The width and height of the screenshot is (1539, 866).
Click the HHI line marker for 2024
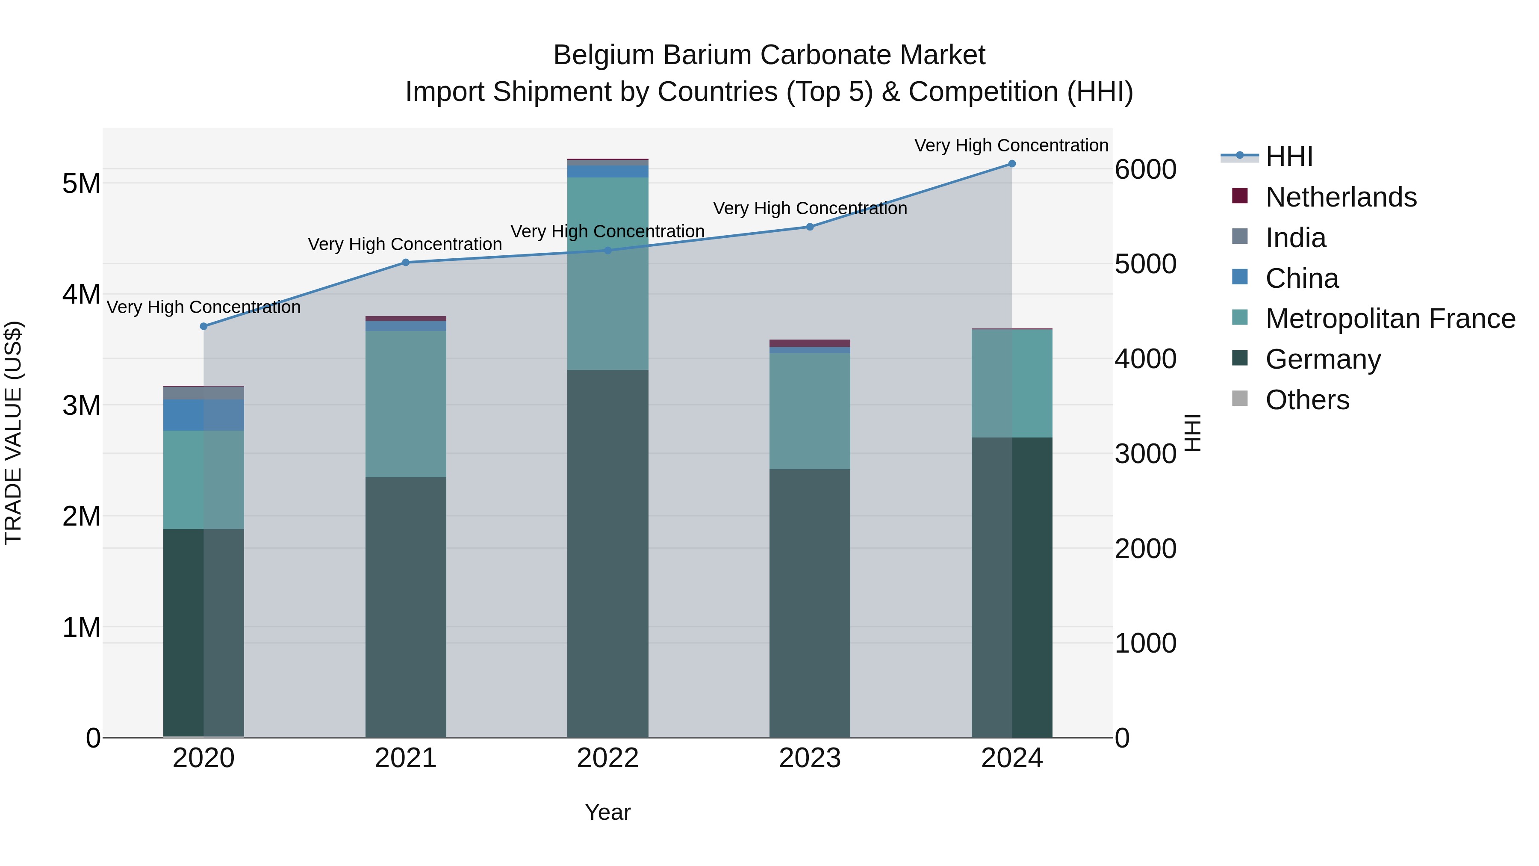pyautogui.click(x=1011, y=164)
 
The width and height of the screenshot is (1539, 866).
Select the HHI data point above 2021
pyautogui.click(x=406, y=263)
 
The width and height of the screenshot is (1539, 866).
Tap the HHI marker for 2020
pyautogui.click(x=204, y=326)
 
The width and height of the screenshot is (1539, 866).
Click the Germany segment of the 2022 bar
pyautogui.click(x=607, y=553)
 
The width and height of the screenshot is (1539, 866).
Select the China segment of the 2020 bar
pyautogui.click(x=204, y=415)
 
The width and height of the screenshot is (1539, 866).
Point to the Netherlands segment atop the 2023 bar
pyautogui.click(x=810, y=343)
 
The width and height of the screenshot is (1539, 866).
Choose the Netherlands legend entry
pyautogui.click(x=1340, y=197)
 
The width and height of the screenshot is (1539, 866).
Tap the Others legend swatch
pyautogui.click(x=1240, y=399)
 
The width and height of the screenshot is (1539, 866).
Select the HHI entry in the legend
pyautogui.click(x=1288, y=157)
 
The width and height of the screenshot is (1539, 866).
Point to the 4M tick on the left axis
pyautogui.click(x=81, y=294)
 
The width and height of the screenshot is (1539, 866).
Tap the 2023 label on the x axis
pyautogui.click(x=810, y=758)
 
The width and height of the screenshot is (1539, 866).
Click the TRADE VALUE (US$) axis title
pyautogui.click(x=13, y=433)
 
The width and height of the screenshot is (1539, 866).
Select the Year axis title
pyautogui.click(x=607, y=812)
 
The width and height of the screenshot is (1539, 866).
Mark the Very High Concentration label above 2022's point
pyautogui.click(x=607, y=231)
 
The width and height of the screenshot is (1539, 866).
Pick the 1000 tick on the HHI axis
pyautogui.click(x=1145, y=643)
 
